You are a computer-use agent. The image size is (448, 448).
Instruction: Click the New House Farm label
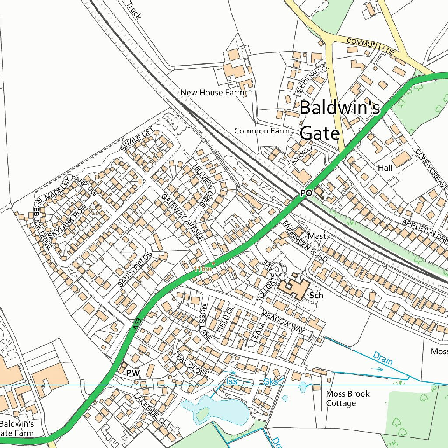point(212,93)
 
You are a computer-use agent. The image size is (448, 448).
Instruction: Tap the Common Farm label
point(262,131)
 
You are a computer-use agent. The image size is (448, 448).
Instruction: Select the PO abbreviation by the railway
point(306,193)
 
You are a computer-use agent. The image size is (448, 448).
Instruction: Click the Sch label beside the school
point(316,295)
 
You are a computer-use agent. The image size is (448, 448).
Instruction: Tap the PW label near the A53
point(133,373)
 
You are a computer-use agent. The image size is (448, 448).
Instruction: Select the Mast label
point(317,236)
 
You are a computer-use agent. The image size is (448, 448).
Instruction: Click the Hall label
point(385,168)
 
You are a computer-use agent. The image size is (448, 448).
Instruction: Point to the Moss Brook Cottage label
point(347,399)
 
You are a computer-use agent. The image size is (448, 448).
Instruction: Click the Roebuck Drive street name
point(43,224)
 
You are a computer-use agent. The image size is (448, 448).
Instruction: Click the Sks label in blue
point(271,382)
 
